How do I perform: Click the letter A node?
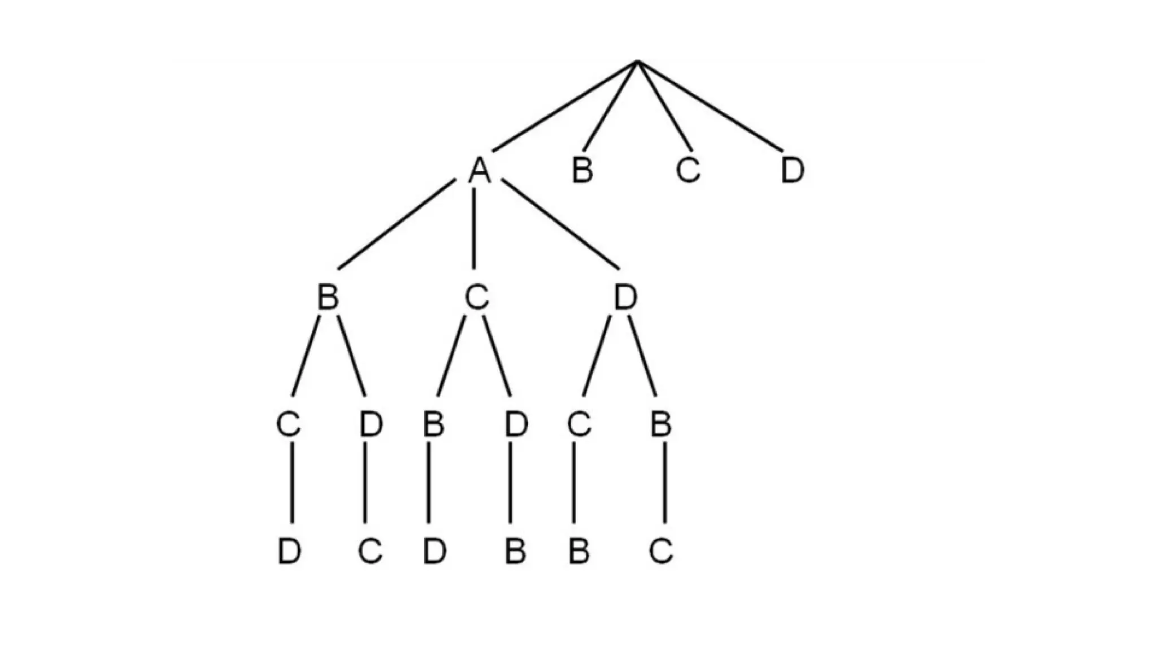[x=480, y=170]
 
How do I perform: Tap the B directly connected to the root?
[x=582, y=170]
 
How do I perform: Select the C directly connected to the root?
[x=688, y=170]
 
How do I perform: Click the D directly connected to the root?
[x=792, y=170]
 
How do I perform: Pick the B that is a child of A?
[x=328, y=297]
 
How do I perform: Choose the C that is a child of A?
[x=477, y=297]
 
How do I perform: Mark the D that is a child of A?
[x=625, y=297]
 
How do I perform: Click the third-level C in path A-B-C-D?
[x=288, y=424]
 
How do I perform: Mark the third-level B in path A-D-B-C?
[x=660, y=424]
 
